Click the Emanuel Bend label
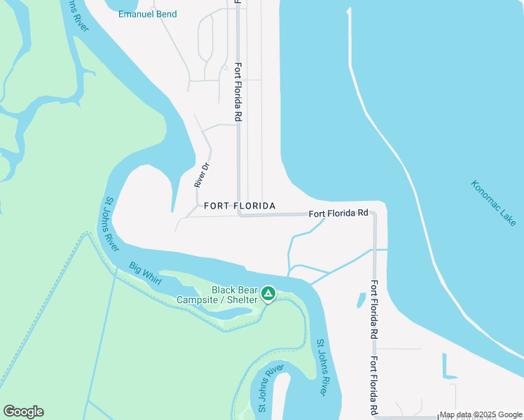click(x=147, y=14)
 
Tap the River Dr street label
click(x=202, y=176)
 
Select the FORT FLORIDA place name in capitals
click(x=240, y=206)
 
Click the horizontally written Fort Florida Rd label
click(x=338, y=212)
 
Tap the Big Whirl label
click(x=146, y=274)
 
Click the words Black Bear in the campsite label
click(x=235, y=290)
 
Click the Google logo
click(x=23, y=412)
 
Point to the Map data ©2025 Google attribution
click(x=481, y=414)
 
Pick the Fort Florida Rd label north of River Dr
click(x=238, y=93)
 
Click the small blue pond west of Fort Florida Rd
click(x=361, y=300)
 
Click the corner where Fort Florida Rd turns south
click(x=375, y=216)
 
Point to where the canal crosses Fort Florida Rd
click(x=375, y=249)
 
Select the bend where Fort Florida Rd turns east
click(x=240, y=214)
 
